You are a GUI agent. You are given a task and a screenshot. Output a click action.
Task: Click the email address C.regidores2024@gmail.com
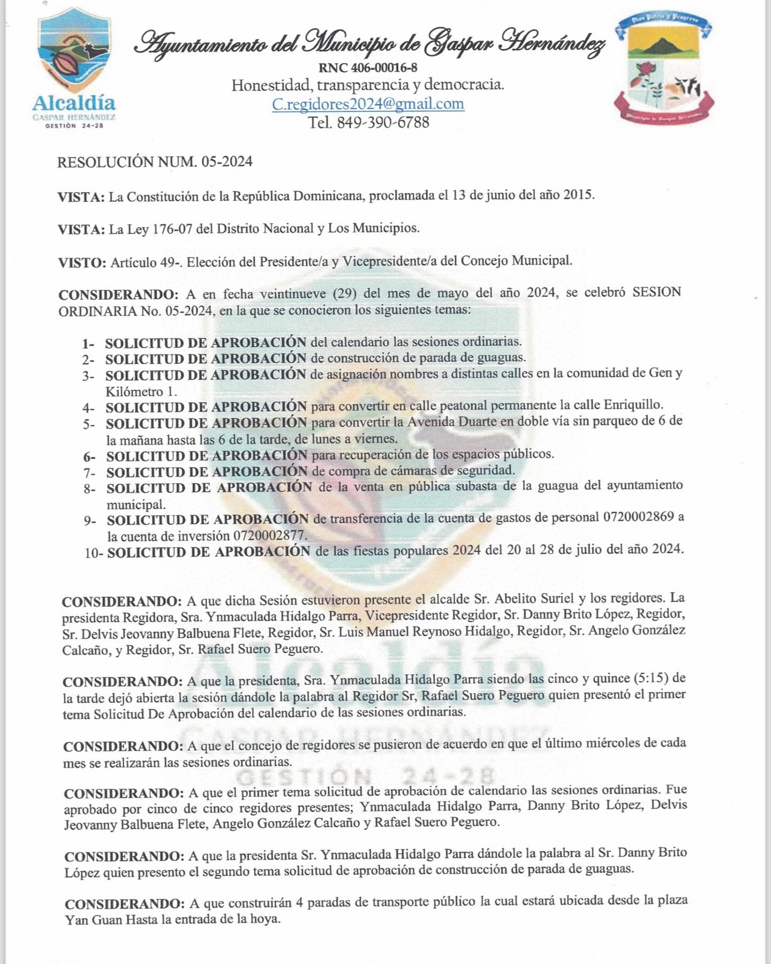[368, 103]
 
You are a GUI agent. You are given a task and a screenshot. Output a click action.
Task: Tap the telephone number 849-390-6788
[383, 122]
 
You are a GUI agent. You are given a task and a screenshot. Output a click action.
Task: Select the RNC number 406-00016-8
[384, 67]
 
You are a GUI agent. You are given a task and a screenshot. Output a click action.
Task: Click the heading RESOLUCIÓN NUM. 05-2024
[155, 162]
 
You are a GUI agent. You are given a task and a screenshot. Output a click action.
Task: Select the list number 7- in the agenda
[89, 473]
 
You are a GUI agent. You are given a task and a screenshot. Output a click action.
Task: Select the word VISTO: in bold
[82, 262]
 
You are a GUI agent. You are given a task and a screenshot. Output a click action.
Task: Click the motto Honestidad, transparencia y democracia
[368, 85]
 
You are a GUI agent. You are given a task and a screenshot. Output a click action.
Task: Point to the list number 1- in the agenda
[88, 343]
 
